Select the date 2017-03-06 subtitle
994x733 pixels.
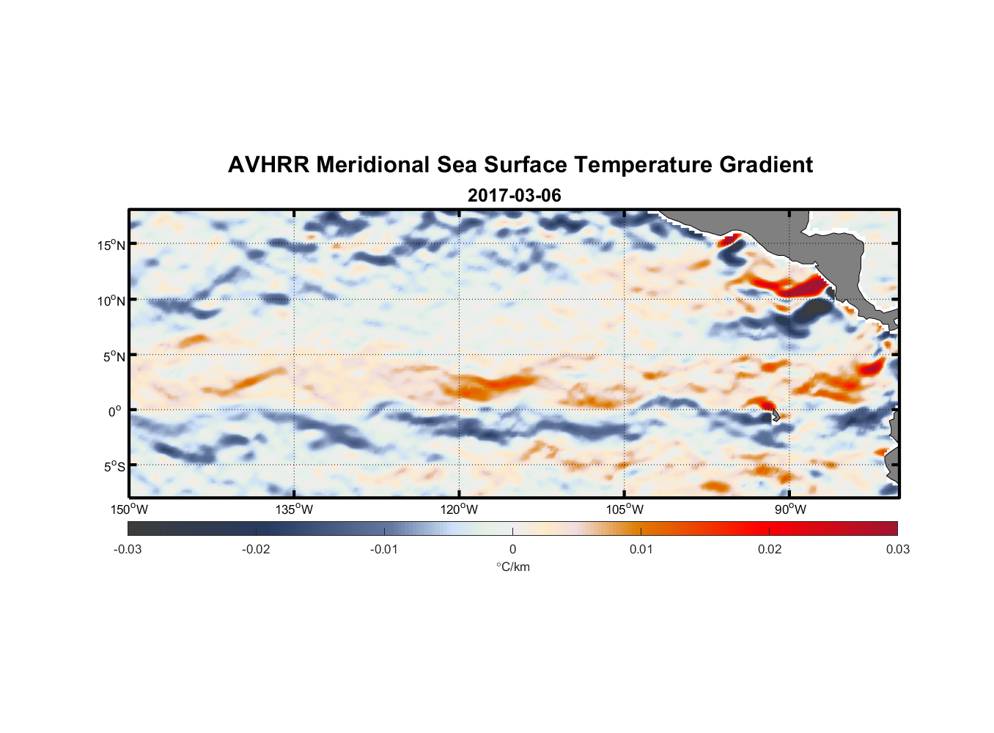click(x=514, y=196)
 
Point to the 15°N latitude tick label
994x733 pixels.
click(x=111, y=245)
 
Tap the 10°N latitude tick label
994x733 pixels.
click(x=111, y=301)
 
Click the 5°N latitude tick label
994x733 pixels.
click(x=114, y=356)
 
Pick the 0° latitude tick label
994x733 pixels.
click(x=115, y=412)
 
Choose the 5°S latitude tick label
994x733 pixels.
click(x=114, y=467)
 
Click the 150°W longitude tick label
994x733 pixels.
click(x=129, y=509)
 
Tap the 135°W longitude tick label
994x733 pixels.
click(x=294, y=509)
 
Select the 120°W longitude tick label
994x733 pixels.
click(x=459, y=509)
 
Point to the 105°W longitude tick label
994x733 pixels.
click(x=625, y=509)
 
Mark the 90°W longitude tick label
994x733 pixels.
click(x=789, y=509)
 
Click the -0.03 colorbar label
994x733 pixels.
click(x=128, y=549)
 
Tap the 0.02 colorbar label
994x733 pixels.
click(x=770, y=549)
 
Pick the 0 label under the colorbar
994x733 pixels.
click(x=512, y=549)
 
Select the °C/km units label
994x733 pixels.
click(x=512, y=567)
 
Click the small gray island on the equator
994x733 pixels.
click(x=773, y=416)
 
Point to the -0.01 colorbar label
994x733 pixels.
click(x=384, y=549)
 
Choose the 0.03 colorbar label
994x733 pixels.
click(x=897, y=549)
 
